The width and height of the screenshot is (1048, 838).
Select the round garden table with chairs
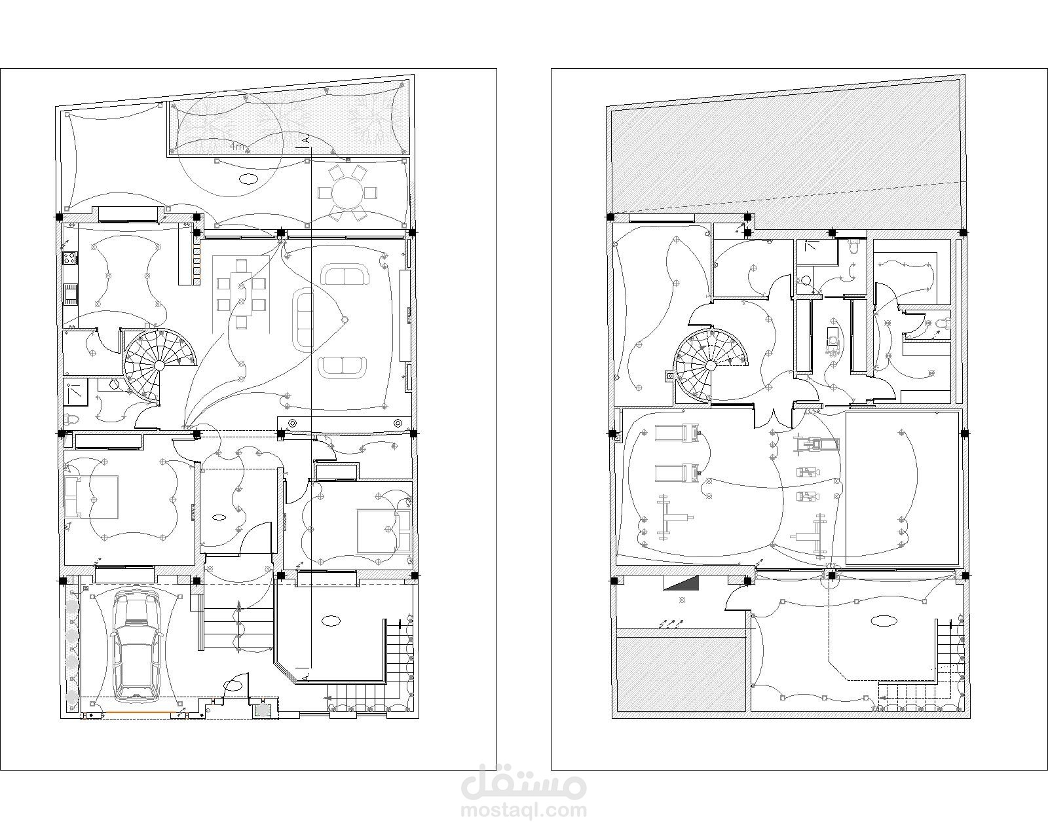[x=348, y=193]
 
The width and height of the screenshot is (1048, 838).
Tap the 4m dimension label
[x=238, y=145]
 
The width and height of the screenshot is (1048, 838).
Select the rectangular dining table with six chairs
[x=241, y=293]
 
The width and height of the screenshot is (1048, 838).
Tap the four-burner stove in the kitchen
[x=69, y=257]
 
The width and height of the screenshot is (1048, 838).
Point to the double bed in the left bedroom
[x=92, y=497]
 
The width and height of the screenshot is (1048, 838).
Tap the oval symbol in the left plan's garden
[x=248, y=179]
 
